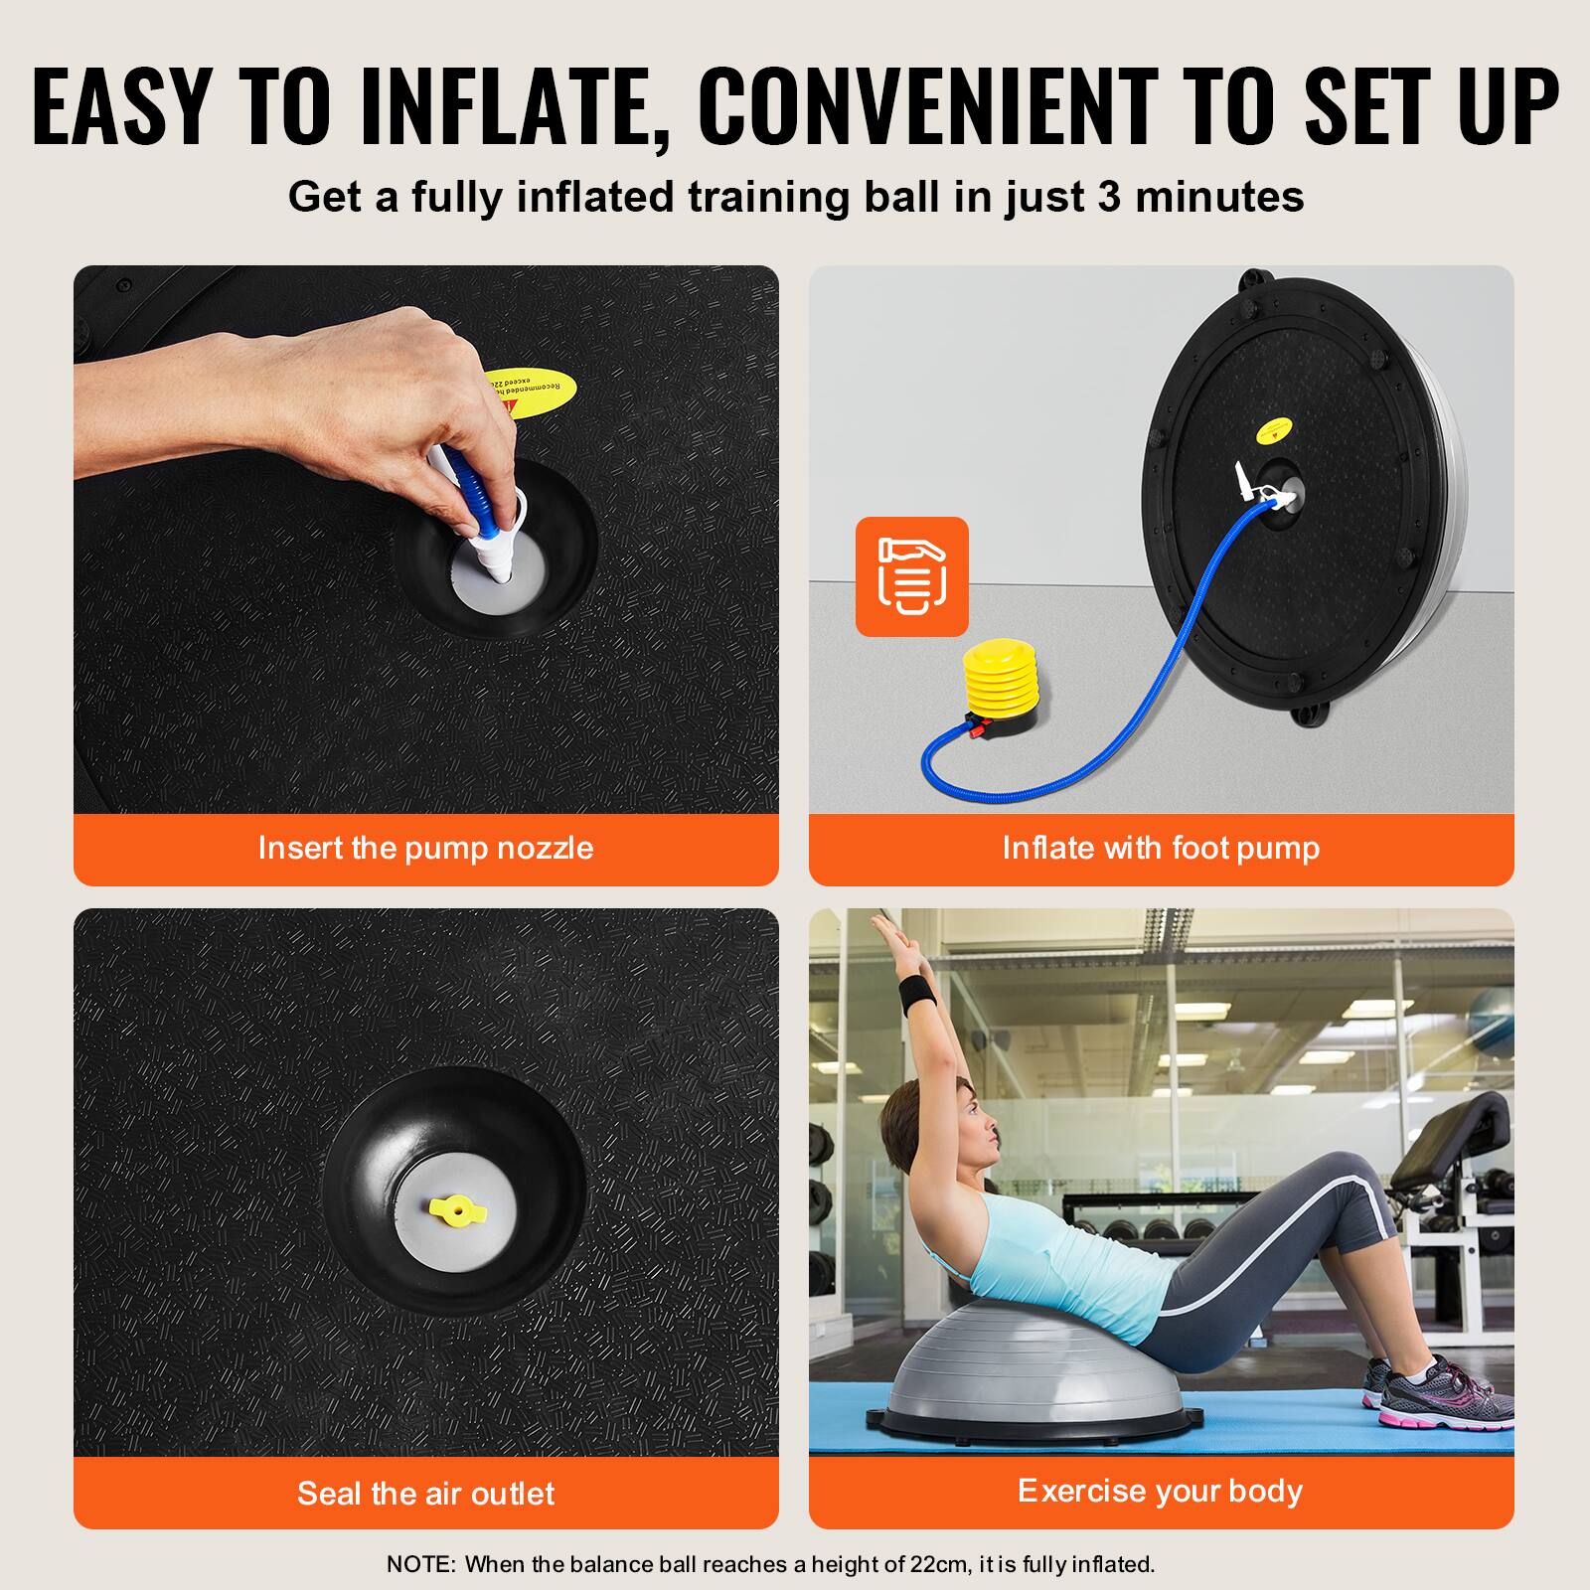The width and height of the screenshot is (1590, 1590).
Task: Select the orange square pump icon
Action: click(911, 576)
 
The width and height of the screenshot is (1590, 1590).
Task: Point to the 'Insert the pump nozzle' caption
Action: click(425, 848)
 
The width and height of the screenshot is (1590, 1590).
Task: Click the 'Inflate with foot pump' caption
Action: click(1161, 848)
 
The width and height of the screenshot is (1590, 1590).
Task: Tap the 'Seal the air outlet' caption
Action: click(425, 1493)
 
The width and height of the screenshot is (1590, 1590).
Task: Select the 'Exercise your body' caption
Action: click(1161, 1491)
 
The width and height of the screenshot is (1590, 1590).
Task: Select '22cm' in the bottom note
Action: click(938, 1564)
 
